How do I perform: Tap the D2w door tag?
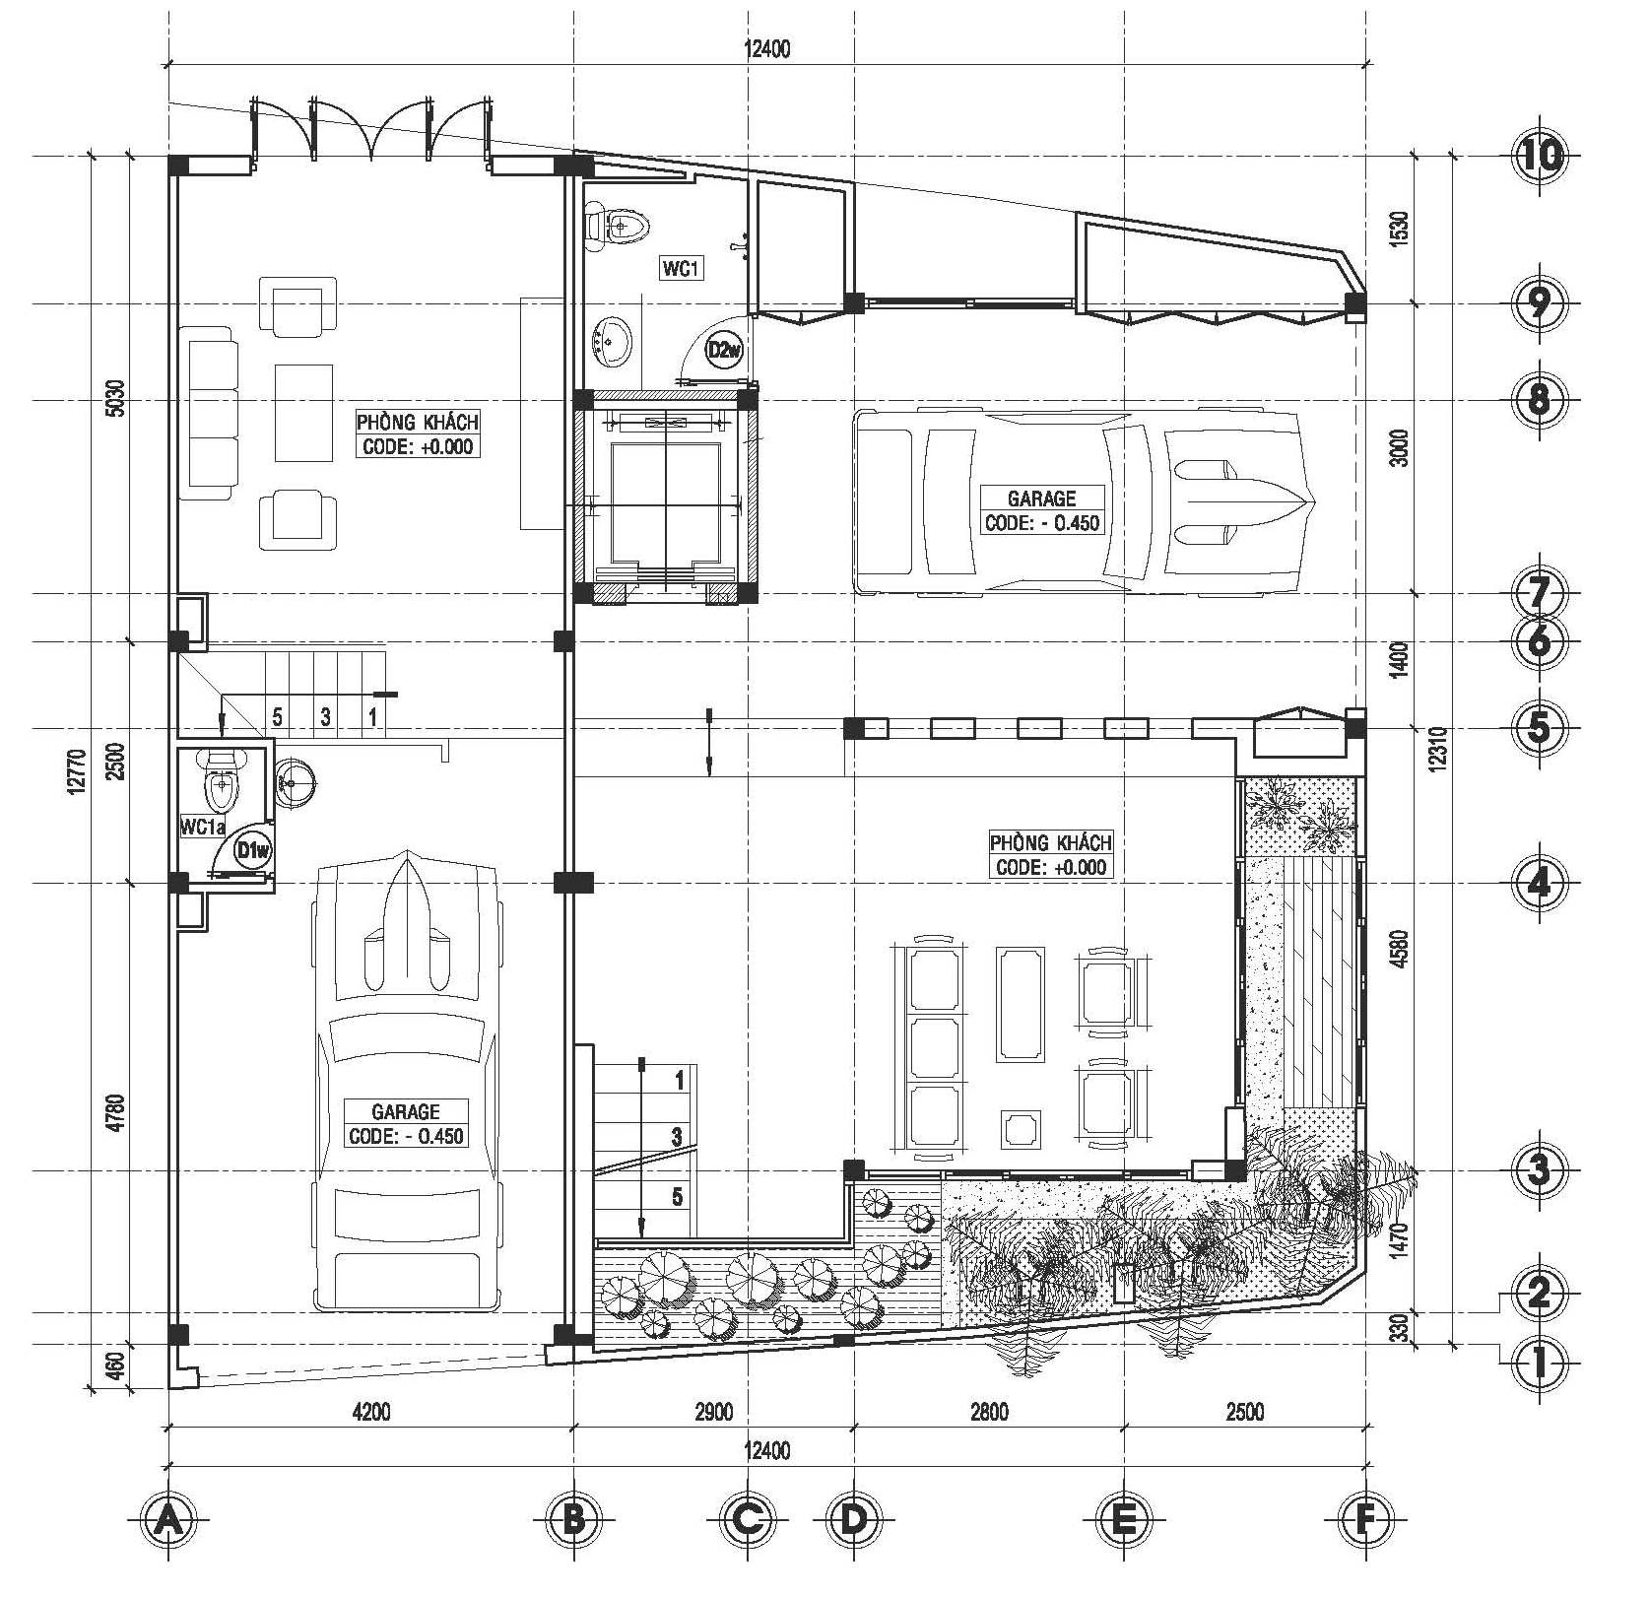pyautogui.click(x=726, y=349)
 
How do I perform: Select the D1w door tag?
pyautogui.click(x=254, y=851)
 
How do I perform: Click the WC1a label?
pyautogui.click(x=203, y=827)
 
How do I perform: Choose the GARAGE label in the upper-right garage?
pyautogui.click(x=1041, y=498)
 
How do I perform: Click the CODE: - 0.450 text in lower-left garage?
pyautogui.click(x=406, y=1136)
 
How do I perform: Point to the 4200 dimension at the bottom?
pyautogui.click(x=371, y=1412)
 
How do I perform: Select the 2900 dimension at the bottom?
pyautogui.click(x=714, y=1412)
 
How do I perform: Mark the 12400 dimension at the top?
pyautogui.click(x=766, y=49)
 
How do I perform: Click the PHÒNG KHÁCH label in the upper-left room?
pyautogui.click(x=418, y=422)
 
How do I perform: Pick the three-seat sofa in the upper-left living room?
pyautogui.click(x=209, y=414)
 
